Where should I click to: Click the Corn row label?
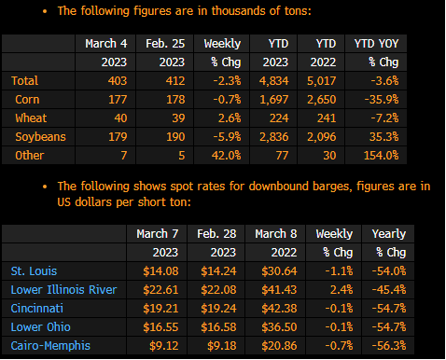(27, 100)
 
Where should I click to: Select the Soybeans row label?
(40, 137)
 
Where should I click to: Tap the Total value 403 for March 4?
(118, 81)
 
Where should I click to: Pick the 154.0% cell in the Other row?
(382, 156)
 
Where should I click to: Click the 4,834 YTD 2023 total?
(274, 81)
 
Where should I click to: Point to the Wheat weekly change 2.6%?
(230, 118)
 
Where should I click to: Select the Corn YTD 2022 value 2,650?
(322, 100)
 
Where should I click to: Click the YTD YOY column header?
(377, 44)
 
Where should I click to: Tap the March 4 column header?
(106, 44)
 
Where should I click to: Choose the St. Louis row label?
(34, 271)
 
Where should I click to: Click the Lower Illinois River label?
(63, 290)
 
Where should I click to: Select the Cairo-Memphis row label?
(50, 346)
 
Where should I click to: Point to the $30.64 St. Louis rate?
(279, 271)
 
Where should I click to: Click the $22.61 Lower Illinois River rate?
(160, 290)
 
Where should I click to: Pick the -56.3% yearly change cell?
(389, 346)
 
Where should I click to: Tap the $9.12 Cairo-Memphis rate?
(164, 346)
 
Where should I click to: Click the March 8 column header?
(276, 234)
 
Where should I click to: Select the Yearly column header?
(389, 234)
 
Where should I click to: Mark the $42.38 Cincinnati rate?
(279, 309)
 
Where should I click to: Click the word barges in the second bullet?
(332, 187)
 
